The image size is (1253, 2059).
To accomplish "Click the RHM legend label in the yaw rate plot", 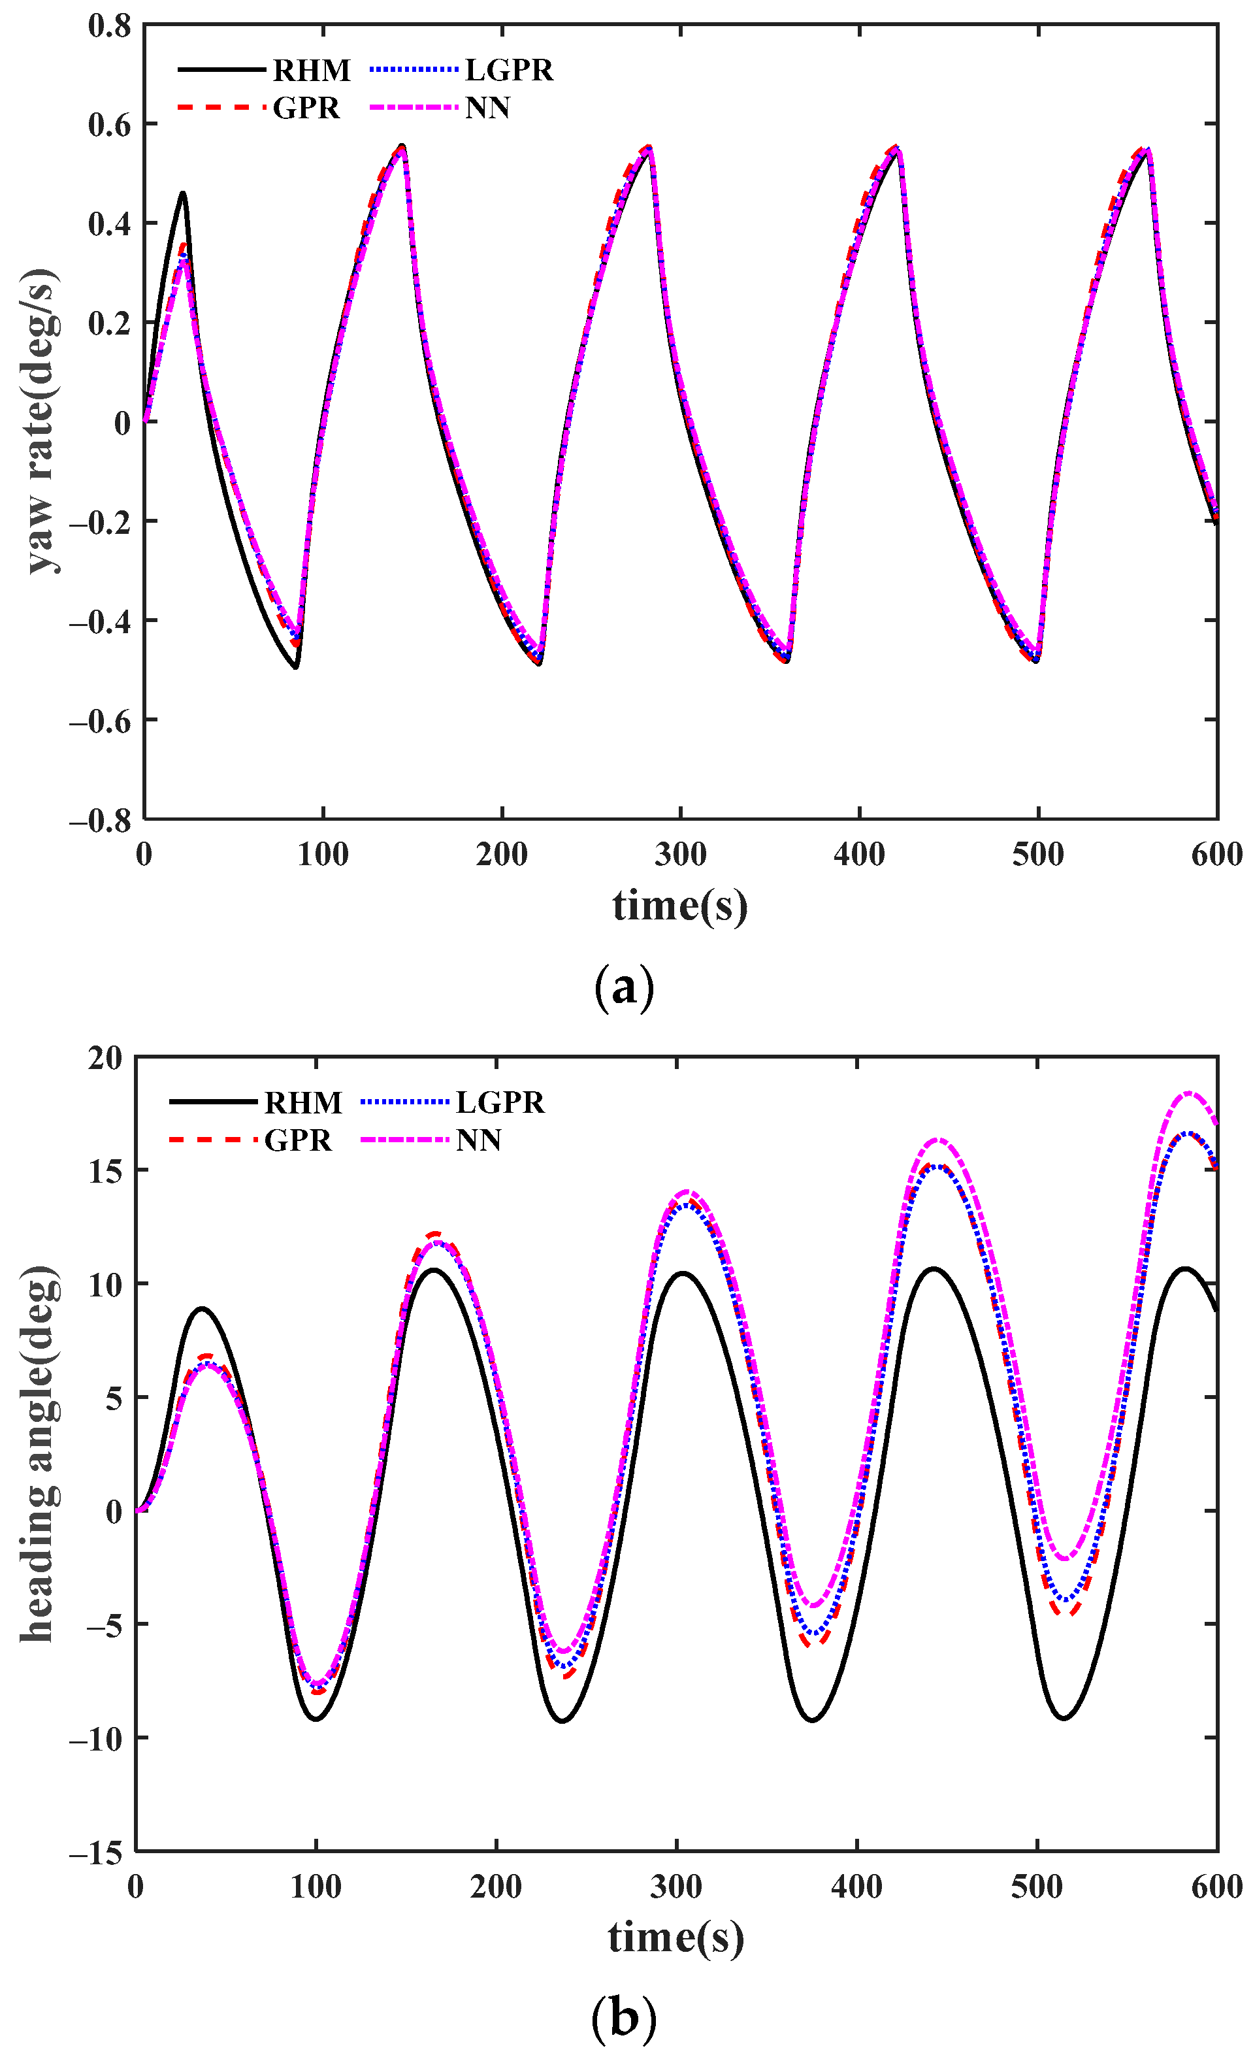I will click(x=312, y=70).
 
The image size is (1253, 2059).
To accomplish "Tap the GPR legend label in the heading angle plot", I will click(x=297, y=1140).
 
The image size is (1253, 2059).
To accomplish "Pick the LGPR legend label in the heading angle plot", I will click(x=500, y=1102).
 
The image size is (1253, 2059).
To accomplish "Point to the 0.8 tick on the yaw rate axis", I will click(x=110, y=25).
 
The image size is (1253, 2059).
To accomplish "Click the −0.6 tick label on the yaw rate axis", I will click(x=100, y=720).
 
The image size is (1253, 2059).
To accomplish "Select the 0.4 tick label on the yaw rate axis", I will click(x=110, y=224).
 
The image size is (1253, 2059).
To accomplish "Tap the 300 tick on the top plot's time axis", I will click(x=680, y=854).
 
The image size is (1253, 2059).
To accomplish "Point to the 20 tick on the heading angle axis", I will click(x=105, y=1058).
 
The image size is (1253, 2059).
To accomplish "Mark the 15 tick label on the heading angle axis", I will click(x=105, y=1171).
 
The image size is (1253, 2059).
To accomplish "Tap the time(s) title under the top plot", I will click(x=679, y=906).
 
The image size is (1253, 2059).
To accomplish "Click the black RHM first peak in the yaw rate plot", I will click(x=182, y=193).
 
